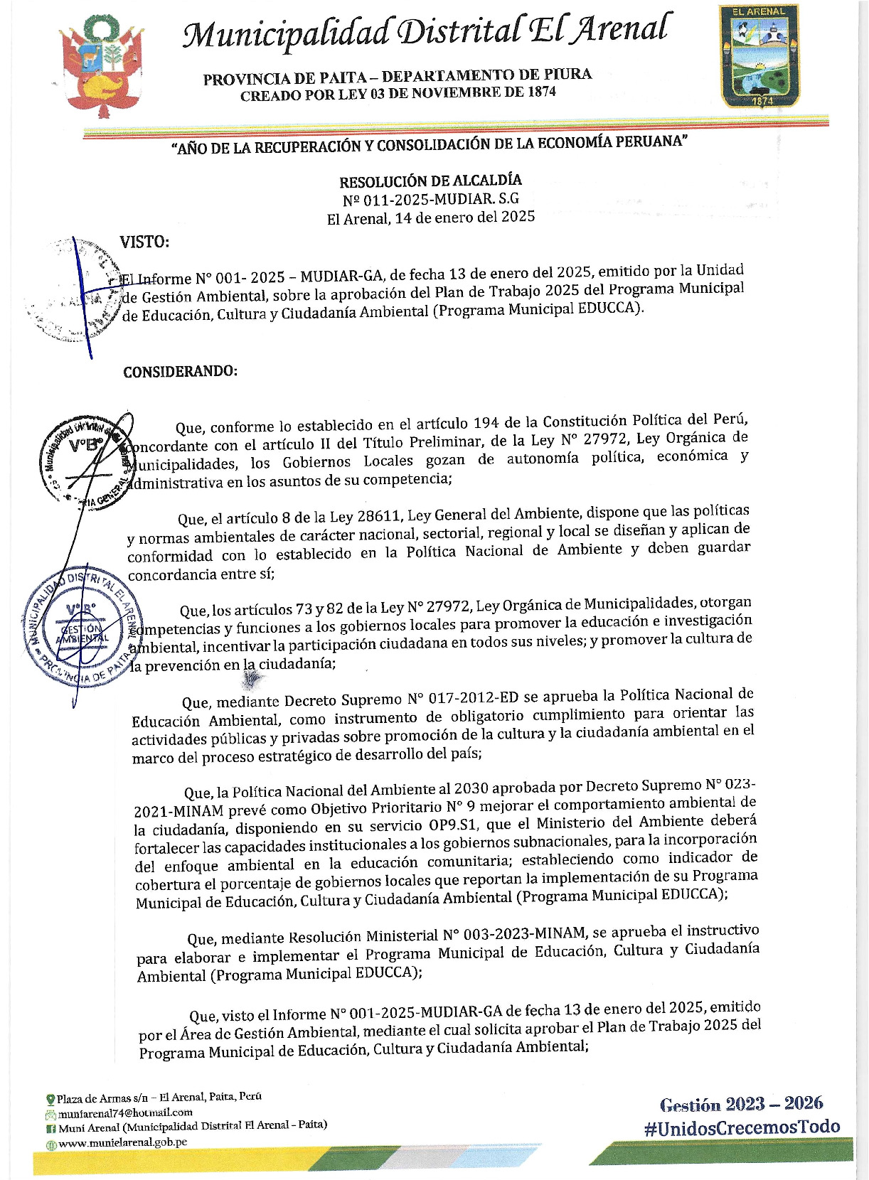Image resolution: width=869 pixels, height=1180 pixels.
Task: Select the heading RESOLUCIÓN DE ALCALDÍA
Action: pos(430,181)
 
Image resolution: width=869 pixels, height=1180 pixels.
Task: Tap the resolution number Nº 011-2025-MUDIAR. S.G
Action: pos(430,199)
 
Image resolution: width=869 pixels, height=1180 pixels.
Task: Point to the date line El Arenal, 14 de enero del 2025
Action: pos(430,218)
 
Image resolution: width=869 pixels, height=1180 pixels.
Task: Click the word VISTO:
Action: pos(144,242)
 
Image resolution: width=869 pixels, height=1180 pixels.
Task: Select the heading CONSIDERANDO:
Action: pos(180,372)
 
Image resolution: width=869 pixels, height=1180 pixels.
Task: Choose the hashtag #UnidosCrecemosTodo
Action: pos(742,1127)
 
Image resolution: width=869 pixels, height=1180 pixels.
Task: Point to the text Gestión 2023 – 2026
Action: pos(741,1104)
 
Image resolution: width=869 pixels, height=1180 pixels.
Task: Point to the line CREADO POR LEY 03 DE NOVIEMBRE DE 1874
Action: pos(398,93)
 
